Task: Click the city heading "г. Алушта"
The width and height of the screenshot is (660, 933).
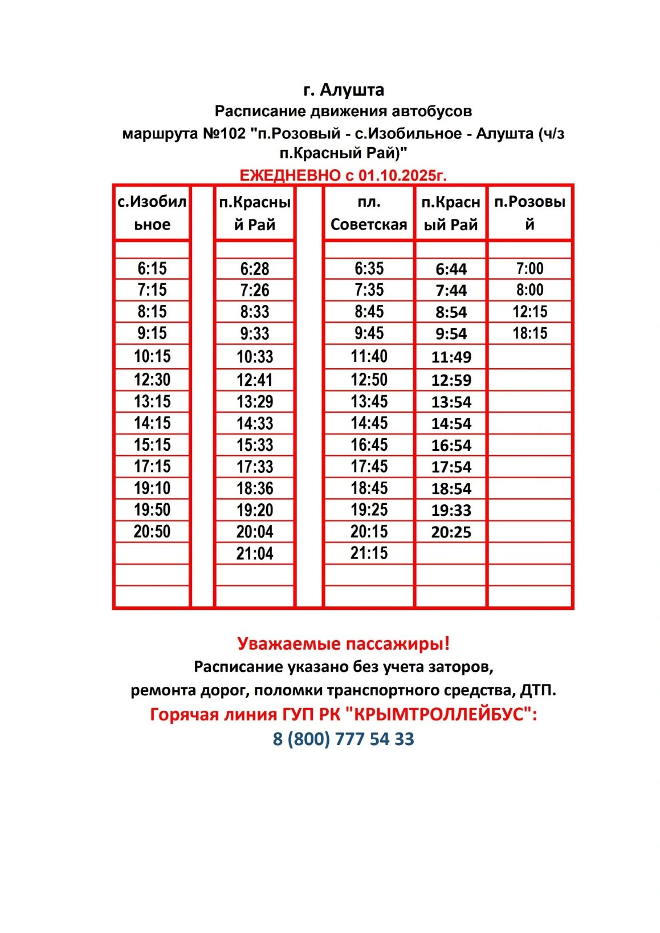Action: (343, 90)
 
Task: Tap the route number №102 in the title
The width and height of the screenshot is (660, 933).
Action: (223, 134)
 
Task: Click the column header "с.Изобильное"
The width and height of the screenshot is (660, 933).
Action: (152, 213)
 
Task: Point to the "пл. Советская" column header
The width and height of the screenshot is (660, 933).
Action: (369, 213)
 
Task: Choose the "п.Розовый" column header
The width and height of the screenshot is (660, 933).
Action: (529, 213)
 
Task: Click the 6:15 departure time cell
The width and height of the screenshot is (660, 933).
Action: (152, 268)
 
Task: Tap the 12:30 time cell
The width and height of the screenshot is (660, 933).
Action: (152, 380)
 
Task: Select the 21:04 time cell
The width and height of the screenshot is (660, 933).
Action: (255, 553)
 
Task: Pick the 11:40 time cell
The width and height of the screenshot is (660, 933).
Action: (369, 357)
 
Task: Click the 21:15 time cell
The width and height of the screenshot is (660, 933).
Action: (369, 553)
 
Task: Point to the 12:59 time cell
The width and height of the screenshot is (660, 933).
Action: (451, 380)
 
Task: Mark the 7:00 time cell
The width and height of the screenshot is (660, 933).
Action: (529, 268)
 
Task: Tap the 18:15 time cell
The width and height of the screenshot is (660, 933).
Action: (529, 333)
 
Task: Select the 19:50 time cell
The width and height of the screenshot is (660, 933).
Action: (152, 510)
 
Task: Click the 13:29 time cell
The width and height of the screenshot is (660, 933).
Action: (255, 402)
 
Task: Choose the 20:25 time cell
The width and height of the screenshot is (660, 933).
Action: (451, 532)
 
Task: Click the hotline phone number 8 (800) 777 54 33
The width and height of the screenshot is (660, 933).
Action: (343, 739)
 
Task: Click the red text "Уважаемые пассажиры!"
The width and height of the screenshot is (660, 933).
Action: (343, 643)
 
